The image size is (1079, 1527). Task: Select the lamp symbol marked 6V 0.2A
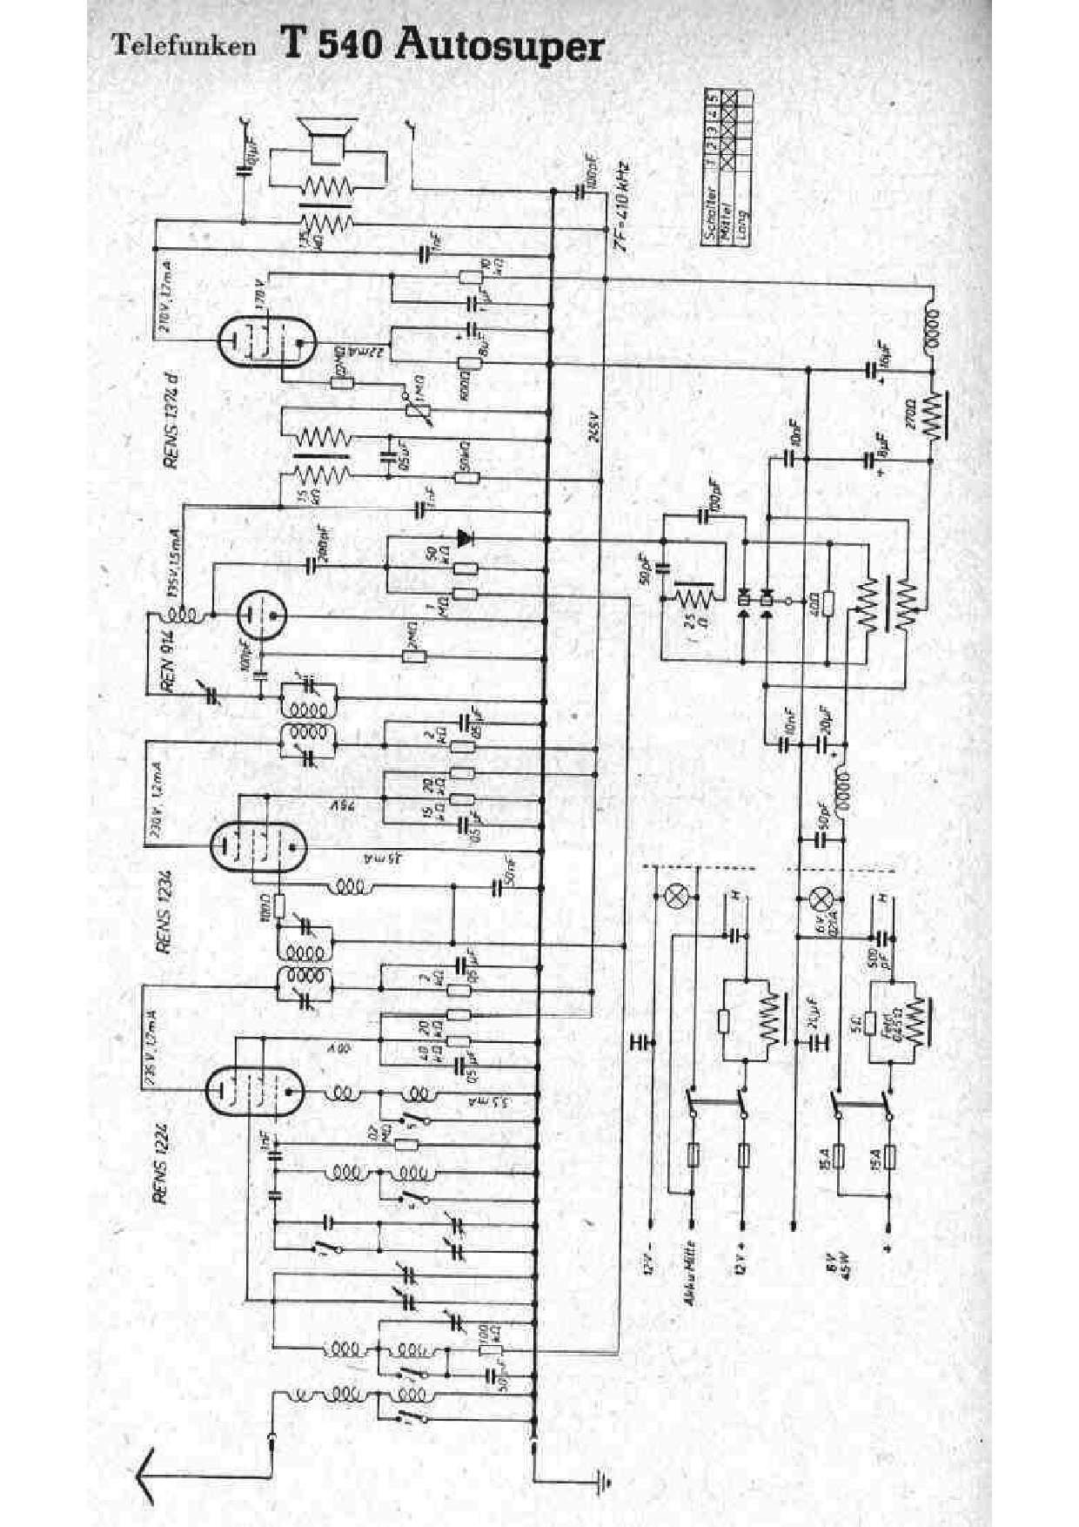(x=820, y=898)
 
